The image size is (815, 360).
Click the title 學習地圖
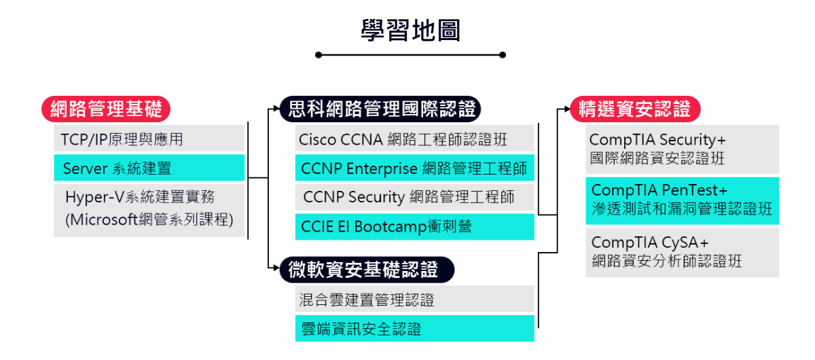(x=411, y=30)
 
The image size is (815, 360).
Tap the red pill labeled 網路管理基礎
(x=106, y=109)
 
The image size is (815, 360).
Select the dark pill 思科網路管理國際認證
(x=380, y=109)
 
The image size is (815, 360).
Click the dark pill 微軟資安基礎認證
(x=367, y=270)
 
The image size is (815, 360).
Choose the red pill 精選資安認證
(x=635, y=109)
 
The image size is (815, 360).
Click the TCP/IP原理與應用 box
(x=149, y=138)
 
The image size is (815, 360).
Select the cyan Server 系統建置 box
(x=149, y=168)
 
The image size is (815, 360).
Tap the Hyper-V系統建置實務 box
(x=149, y=211)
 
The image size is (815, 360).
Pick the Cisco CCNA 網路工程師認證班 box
(x=415, y=138)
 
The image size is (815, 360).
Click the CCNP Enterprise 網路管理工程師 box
(x=415, y=168)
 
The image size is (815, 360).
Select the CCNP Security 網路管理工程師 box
(x=415, y=197)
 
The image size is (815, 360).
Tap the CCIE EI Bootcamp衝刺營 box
(x=415, y=227)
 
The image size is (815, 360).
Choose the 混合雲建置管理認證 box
(x=415, y=299)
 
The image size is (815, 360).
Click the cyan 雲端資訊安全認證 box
(x=415, y=328)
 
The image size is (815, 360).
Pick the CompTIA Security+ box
(x=682, y=149)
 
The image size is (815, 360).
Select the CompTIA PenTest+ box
(x=682, y=200)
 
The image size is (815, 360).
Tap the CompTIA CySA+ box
(x=682, y=253)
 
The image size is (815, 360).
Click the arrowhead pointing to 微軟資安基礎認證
(x=276, y=268)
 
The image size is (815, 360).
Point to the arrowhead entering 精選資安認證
(x=567, y=109)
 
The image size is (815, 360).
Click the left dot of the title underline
(x=319, y=55)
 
